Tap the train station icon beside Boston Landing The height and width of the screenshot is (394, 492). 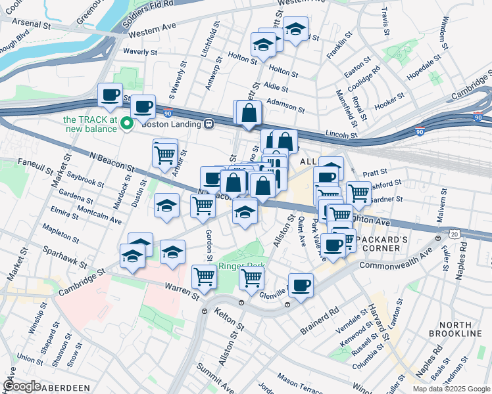tap(209, 123)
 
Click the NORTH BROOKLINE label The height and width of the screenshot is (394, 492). tap(460, 330)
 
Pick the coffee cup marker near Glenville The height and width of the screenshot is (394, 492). tap(301, 285)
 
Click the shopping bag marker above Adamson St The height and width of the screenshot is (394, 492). tap(250, 112)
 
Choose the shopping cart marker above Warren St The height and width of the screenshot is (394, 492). tap(205, 276)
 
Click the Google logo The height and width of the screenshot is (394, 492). tap(22, 386)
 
